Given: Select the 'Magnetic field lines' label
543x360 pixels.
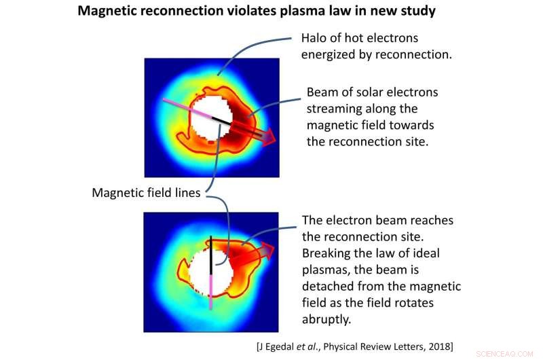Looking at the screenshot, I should tap(146, 193).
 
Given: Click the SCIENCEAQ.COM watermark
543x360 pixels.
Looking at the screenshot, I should tap(506, 353).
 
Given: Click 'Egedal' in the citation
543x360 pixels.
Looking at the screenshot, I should tap(283, 347).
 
